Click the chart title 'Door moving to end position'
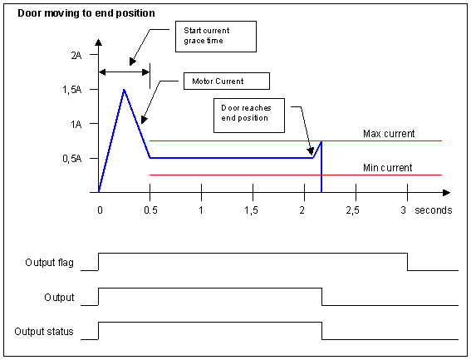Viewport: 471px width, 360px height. pyautogui.click(x=86, y=13)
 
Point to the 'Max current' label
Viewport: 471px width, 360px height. pyautogui.click(x=389, y=134)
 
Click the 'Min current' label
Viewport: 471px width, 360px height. pyautogui.click(x=387, y=167)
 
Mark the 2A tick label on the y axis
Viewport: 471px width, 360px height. pyautogui.click(x=76, y=56)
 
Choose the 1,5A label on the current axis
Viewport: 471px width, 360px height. pyautogui.click(x=71, y=90)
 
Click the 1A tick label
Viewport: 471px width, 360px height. pyautogui.click(x=76, y=124)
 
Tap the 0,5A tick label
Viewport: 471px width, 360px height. pyautogui.click(x=71, y=159)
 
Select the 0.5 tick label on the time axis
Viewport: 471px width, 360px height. pyautogui.click(x=150, y=210)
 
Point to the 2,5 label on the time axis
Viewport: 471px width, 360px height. pyautogui.click(x=352, y=210)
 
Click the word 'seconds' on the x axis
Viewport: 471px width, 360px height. pyautogui.click(x=433, y=210)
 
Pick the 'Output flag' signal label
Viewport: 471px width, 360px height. pyautogui.click(x=49, y=263)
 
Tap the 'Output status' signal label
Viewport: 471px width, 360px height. pyautogui.click(x=44, y=332)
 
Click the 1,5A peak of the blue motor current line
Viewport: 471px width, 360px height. pyautogui.click(x=124, y=90)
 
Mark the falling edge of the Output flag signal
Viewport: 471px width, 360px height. pyautogui.click(x=407, y=262)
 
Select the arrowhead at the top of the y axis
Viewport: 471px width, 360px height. pyautogui.click(x=98, y=42)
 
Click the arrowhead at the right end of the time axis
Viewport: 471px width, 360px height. pyautogui.click(x=447, y=193)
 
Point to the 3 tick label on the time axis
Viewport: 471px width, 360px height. pyautogui.click(x=404, y=210)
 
